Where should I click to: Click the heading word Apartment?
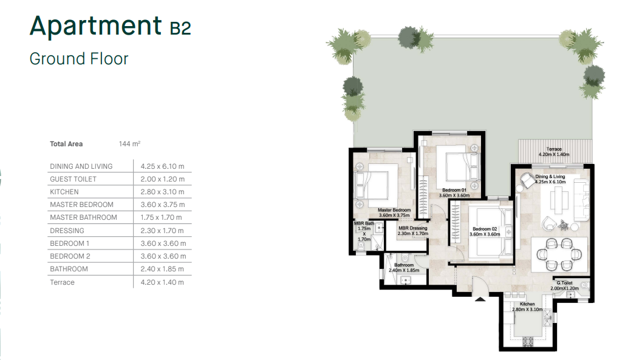[96, 26]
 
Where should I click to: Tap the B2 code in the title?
[180, 29]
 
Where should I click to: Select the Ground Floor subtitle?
[79, 59]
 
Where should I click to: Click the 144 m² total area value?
[129, 144]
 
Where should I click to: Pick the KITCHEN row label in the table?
[64, 192]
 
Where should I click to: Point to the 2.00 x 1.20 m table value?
[163, 179]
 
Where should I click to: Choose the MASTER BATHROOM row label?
[83, 217]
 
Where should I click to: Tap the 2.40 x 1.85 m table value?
[162, 269]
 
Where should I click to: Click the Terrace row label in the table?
[62, 282]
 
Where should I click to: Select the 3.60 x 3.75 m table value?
[163, 205]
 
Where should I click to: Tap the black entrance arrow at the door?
[480, 299]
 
